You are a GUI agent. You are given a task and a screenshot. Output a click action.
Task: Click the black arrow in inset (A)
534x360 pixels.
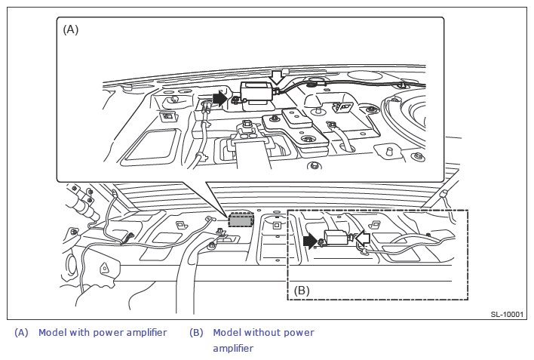coord(219,97)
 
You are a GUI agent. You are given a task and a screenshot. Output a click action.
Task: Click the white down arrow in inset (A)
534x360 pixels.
coord(276,77)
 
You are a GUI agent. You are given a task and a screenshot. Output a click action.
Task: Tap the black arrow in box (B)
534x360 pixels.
coord(310,241)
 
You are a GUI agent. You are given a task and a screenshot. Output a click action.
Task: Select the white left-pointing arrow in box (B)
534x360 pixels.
coord(362,239)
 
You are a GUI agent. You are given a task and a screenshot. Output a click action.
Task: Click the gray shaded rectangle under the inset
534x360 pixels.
coord(241,220)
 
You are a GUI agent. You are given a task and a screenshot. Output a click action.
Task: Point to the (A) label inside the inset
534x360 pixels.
coord(70,29)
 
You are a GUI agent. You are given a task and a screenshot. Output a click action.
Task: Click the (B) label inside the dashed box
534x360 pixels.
coord(302,290)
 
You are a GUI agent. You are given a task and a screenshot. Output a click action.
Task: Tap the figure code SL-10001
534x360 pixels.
coord(507,314)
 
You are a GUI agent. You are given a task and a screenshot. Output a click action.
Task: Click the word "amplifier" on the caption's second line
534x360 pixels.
coord(233,349)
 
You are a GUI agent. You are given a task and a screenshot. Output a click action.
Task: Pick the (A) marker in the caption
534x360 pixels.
coord(21,333)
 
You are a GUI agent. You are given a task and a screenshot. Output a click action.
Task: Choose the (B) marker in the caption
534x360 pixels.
coord(196,333)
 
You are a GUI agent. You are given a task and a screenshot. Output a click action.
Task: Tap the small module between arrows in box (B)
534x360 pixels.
coord(336,238)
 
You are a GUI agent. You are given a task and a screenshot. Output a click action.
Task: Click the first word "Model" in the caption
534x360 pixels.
coord(52,333)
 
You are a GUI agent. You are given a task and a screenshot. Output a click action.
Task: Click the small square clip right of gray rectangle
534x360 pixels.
coord(277,225)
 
